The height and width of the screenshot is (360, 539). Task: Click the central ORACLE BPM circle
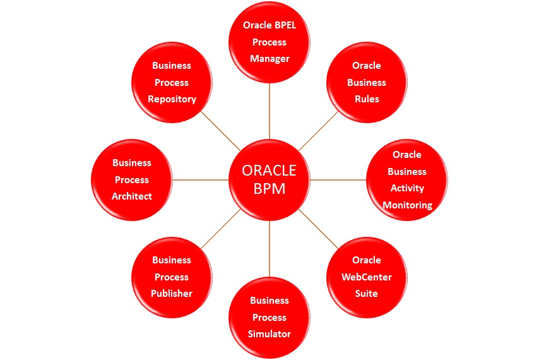(269, 180)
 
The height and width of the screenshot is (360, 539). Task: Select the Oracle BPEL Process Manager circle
(269, 42)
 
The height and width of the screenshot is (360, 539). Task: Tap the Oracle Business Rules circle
(367, 82)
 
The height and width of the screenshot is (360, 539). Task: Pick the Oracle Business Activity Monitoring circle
(407, 180)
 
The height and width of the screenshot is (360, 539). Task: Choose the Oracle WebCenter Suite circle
(367, 277)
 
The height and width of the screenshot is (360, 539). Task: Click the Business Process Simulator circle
(269, 317)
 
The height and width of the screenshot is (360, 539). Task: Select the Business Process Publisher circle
(172, 277)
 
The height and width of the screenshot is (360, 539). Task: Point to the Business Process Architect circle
(132, 180)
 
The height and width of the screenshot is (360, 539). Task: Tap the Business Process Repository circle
(172, 82)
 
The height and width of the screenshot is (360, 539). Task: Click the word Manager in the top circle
(269, 59)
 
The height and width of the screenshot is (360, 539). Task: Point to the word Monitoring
(407, 205)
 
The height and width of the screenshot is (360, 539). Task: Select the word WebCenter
(367, 277)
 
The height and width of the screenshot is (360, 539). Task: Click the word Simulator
(269, 334)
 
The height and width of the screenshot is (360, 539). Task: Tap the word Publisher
(172, 294)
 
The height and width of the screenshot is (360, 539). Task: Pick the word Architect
(132, 196)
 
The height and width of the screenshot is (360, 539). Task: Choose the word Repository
(172, 99)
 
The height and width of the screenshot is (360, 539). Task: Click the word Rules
(367, 99)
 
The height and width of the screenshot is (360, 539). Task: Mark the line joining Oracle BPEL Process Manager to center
(269, 111)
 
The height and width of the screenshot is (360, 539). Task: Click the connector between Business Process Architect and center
(201, 180)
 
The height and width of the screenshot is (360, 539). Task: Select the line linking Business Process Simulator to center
(269, 249)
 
